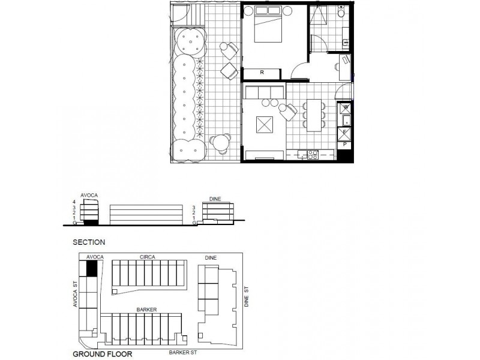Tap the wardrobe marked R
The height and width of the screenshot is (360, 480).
click(x=262, y=73)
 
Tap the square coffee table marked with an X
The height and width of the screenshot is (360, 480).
click(x=265, y=124)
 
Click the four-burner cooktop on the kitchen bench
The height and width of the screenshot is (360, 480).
click(x=313, y=155)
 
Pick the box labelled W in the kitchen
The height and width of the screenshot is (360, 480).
click(x=346, y=108)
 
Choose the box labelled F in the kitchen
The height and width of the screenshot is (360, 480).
click(x=346, y=131)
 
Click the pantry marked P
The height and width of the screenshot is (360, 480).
click(x=346, y=145)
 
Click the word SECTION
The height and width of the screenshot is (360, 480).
click(x=89, y=243)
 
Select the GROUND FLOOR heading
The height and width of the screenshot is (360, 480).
click(x=102, y=354)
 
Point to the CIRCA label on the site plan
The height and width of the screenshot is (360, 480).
click(x=148, y=257)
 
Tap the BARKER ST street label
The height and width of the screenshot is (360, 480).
click(x=183, y=353)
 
